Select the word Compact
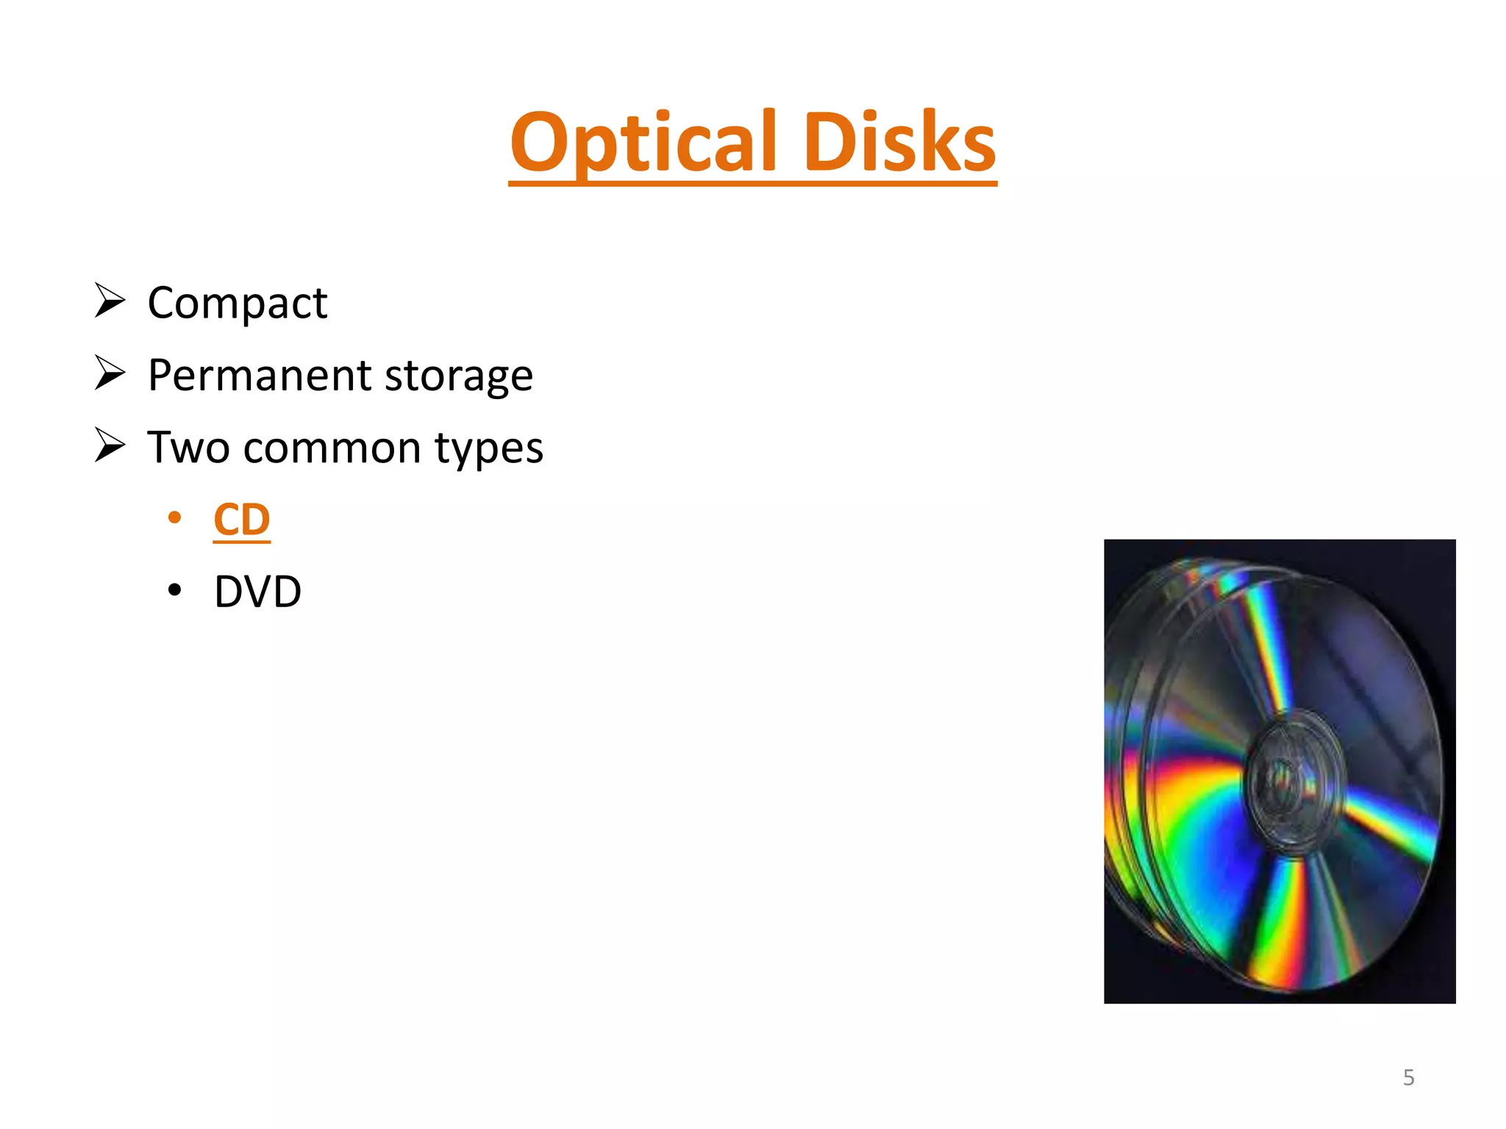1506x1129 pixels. click(x=237, y=304)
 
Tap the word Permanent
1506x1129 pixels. click(x=259, y=376)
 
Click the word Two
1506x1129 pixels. click(x=188, y=448)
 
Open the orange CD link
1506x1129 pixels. click(x=242, y=520)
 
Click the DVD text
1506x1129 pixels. click(x=257, y=592)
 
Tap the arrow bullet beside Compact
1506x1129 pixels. click(x=110, y=301)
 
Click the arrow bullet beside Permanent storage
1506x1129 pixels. click(x=110, y=373)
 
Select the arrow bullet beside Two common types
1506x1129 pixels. click(x=110, y=445)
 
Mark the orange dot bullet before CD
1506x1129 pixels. click(x=174, y=518)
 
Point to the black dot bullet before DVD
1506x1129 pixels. click(x=174, y=590)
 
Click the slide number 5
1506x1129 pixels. click(x=1408, y=1078)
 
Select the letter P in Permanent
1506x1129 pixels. click(x=163, y=375)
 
